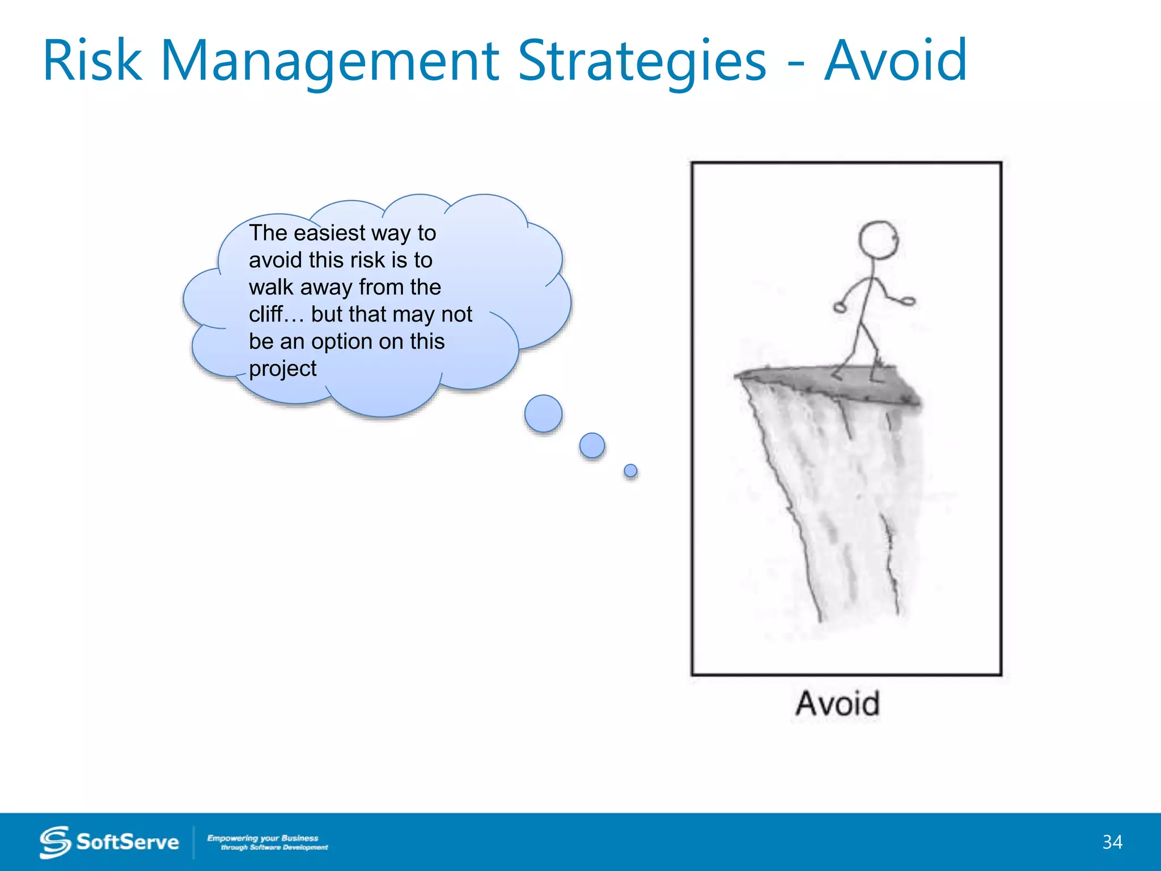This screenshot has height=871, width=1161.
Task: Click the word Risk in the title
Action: pos(92,61)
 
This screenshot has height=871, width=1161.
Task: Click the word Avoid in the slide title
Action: pos(895,61)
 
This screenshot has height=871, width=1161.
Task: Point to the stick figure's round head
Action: pos(878,239)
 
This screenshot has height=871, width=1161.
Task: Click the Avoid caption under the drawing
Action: pos(837,704)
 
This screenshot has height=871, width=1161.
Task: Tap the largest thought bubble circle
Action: pos(543,413)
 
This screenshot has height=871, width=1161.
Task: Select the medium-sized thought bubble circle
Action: pos(592,446)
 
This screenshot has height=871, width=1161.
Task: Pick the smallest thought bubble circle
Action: pos(630,471)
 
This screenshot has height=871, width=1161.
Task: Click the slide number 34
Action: pos(1112,842)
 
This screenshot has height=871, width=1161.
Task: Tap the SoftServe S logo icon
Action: pos(55,842)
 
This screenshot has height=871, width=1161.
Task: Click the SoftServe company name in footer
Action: pos(128,842)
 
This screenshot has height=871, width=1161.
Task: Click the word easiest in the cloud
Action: pos(329,233)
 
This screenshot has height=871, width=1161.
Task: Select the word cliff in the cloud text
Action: pos(265,314)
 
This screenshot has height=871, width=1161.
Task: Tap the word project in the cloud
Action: pos(282,369)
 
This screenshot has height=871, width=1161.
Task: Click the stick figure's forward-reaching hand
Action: pos(908,302)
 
